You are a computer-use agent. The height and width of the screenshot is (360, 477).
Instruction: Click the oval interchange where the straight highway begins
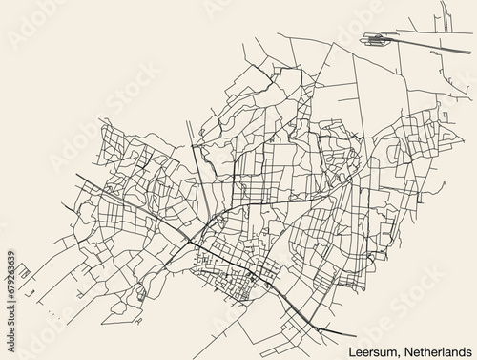(376, 40)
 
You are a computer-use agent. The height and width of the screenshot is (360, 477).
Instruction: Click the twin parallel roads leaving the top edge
(446, 14)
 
